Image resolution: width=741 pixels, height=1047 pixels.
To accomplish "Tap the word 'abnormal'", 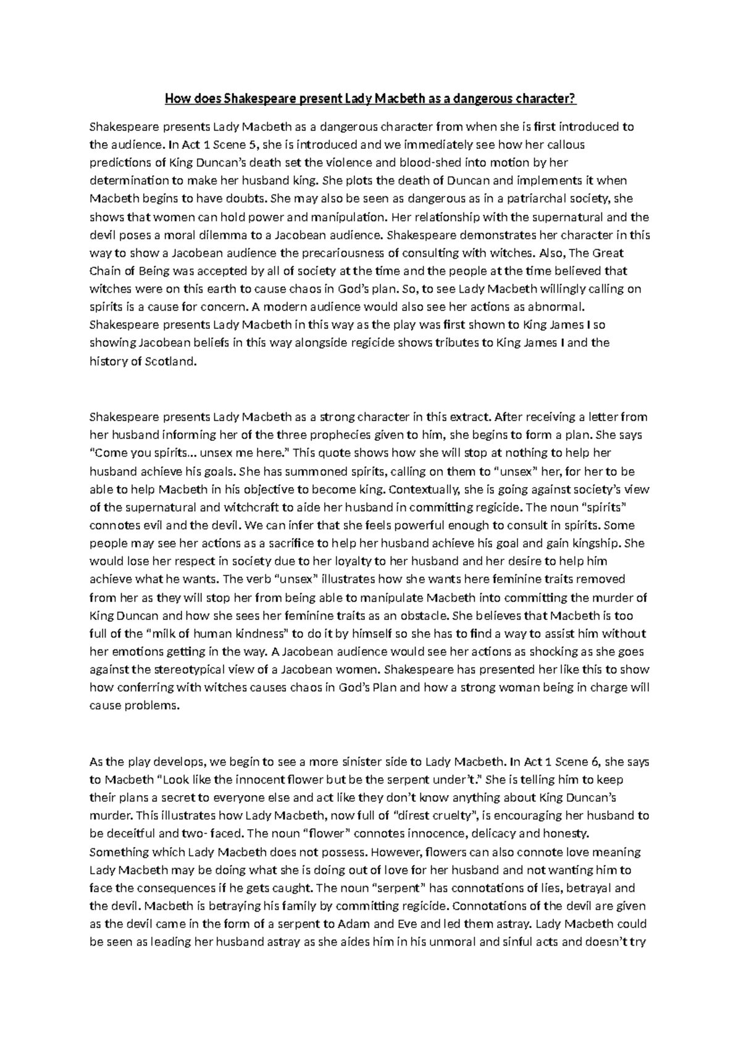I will point(553,307).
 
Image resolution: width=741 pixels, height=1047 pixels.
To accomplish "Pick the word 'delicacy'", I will point(493,833).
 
